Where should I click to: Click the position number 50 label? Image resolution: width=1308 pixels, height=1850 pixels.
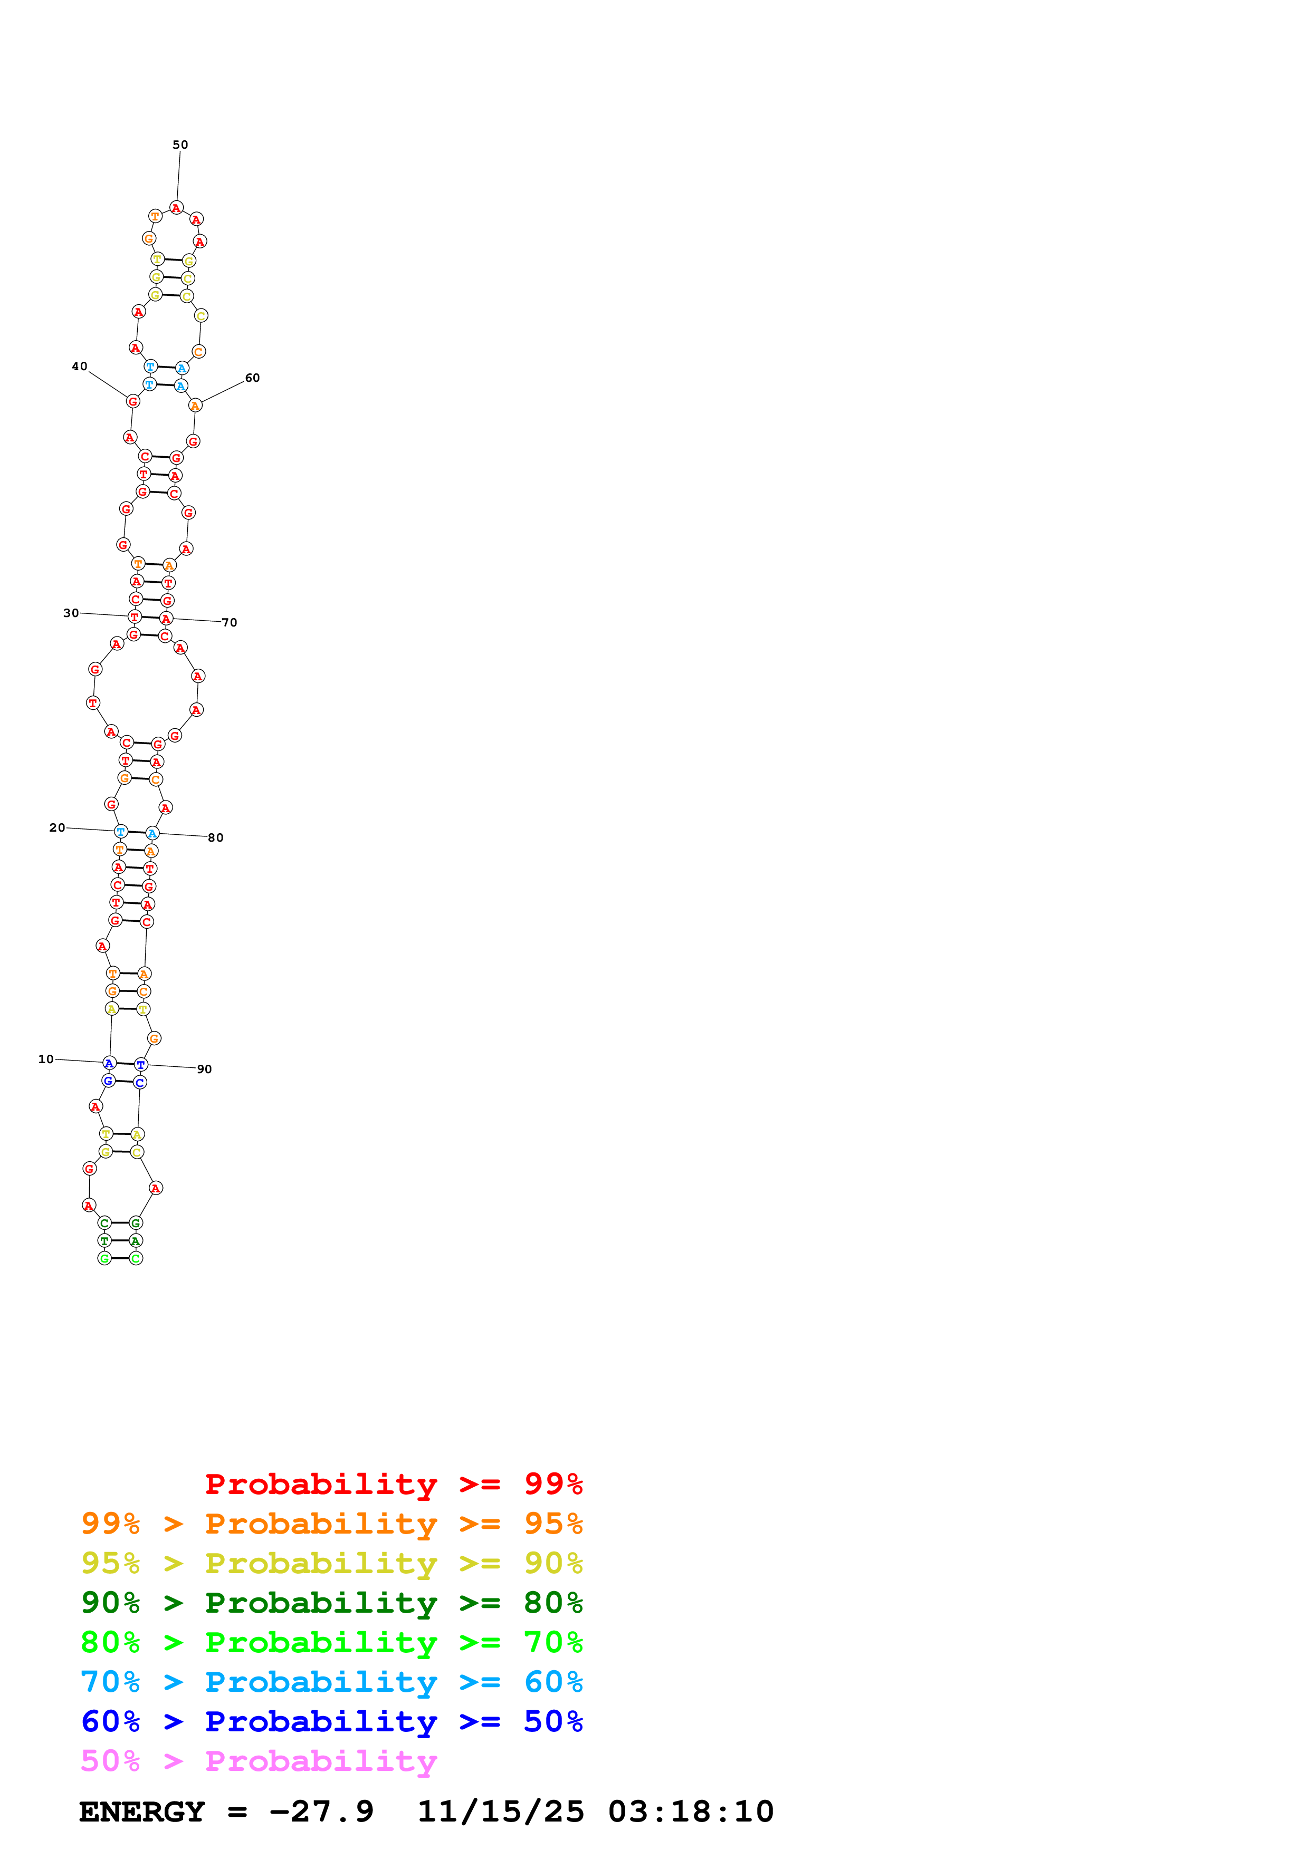coord(180,145)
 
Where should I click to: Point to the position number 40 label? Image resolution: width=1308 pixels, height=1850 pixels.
coord(79,367)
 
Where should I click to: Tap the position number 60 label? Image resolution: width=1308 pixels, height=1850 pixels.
coord(252,378)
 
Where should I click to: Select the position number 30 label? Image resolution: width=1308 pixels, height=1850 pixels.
coord(71,613)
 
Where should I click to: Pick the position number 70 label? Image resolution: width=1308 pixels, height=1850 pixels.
coord(230,623)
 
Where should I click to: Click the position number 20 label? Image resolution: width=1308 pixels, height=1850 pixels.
coord(57,827)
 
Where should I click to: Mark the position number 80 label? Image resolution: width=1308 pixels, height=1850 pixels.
coord(216,838)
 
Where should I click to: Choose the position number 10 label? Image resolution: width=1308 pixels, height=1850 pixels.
coord(46,1059)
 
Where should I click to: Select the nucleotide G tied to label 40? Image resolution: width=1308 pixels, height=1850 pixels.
coord(133,401)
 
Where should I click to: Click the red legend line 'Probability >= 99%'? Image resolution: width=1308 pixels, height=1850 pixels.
coord(393,1484)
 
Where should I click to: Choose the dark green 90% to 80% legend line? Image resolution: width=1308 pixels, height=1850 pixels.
coord(332,1603)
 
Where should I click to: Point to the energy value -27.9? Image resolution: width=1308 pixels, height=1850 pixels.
coord(321,1812)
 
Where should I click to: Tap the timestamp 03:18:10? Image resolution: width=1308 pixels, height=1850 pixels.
coord(691,1812)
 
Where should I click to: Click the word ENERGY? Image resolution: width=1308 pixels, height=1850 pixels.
coord(142,1812)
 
